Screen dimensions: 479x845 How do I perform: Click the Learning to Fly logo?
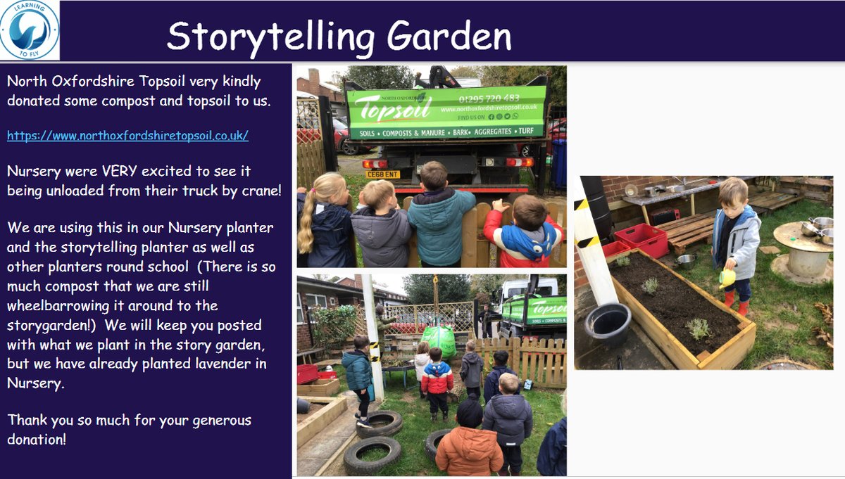(30, 30)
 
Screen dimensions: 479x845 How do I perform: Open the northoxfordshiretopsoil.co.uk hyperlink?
(127, 135)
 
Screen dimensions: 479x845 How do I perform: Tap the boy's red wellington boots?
(737, 307)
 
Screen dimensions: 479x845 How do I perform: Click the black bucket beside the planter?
(608, 324)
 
